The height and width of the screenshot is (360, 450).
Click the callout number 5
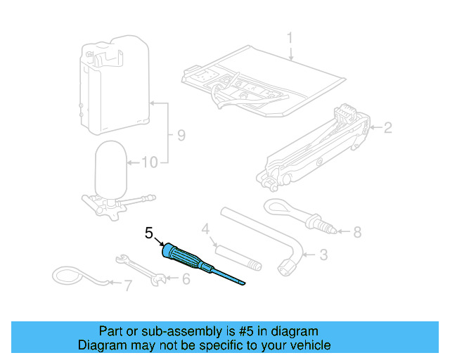click(148, 232)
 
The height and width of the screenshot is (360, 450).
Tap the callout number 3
click(323, 255)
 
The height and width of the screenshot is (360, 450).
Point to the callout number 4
click(206, 229)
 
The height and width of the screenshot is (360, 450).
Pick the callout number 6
click(186, 278)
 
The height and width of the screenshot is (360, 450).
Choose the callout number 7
click(127, 285)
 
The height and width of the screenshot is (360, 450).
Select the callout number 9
click(181, 135)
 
